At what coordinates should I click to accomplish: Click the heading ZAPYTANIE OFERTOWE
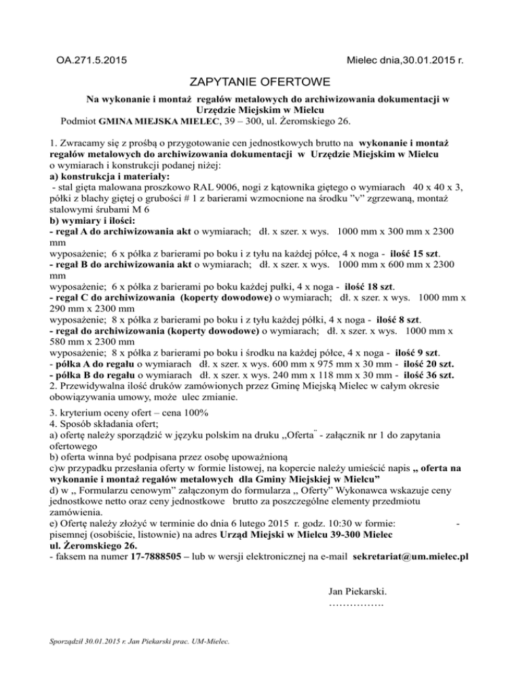coord(260,83)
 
